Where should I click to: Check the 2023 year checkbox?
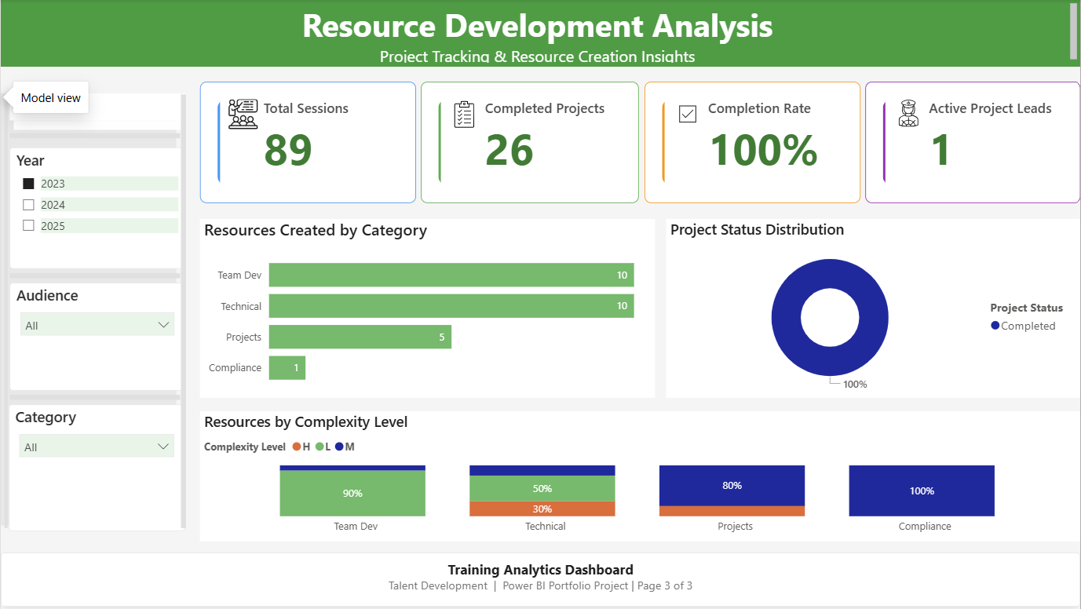[x=28, y=184]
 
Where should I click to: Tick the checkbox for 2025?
[x=28, y=226]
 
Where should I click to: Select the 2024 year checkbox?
[x=28, y=205]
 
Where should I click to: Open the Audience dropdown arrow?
[x=163, y=325]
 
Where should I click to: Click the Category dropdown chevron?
[x=163, y=447]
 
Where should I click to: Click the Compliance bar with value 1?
[x=287, y=367]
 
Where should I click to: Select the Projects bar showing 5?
[x=360, y=337]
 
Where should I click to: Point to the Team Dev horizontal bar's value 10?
[x=621, y=275]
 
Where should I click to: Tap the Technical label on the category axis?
[x=241, y=306]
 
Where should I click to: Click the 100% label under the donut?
[x=855, y=385]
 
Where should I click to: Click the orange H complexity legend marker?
[x=297, y=447]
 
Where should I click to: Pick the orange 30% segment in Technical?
[x=542, y=509]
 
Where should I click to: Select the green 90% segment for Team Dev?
[x=352, y=494]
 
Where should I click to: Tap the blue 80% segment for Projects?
[x=732, y=486]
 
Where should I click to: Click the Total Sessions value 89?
[x=288, y=150]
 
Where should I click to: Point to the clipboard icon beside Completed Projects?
[x=464, y=115]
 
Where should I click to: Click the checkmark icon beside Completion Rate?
[x=687, y=115]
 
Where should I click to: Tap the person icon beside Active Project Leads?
[x=908, y=115]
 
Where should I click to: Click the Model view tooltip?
[x=50, y=98]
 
